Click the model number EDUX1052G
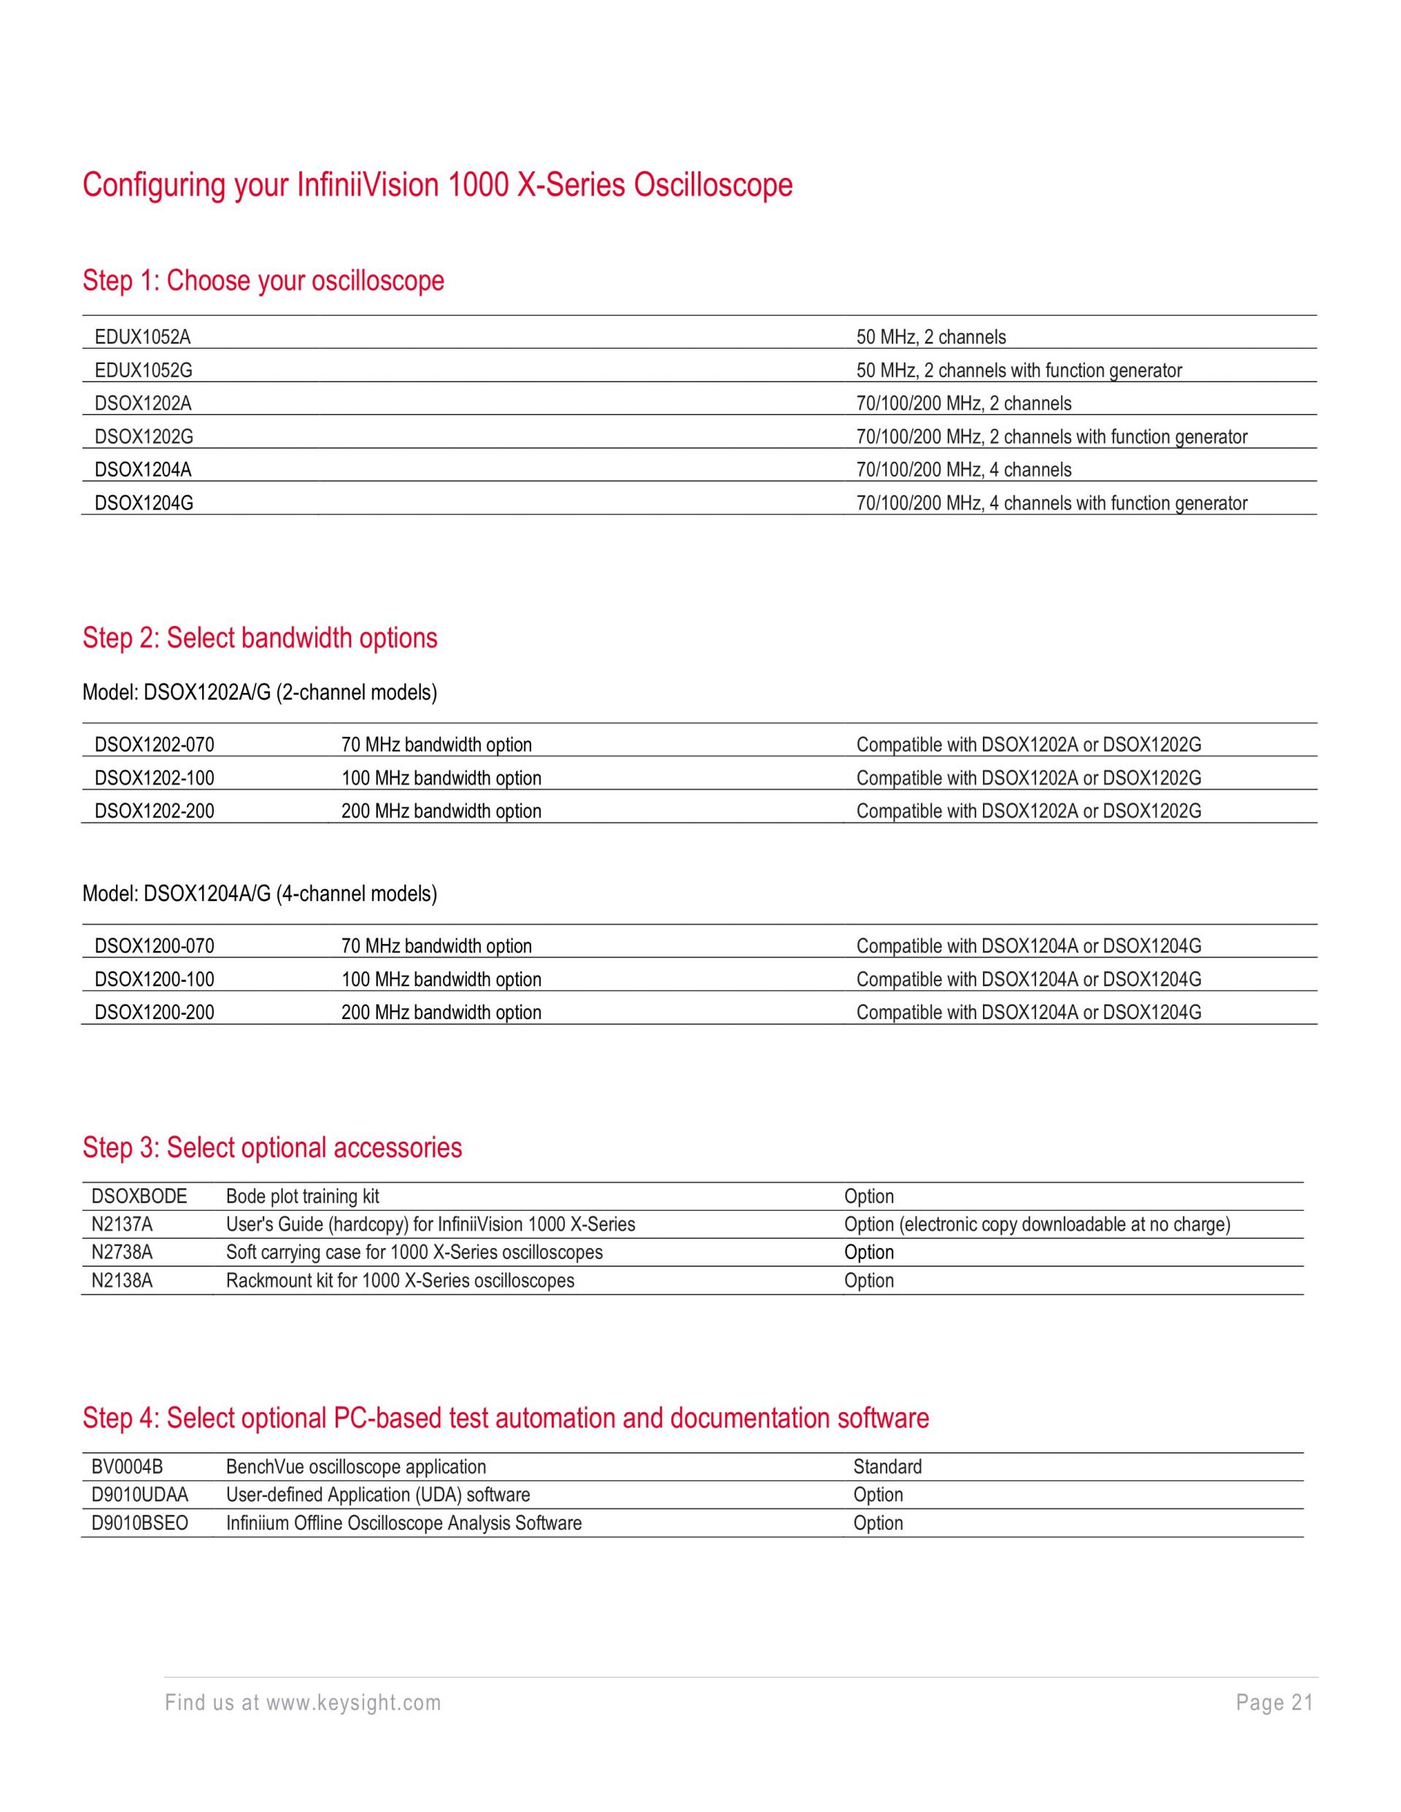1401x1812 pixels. pos(143,371)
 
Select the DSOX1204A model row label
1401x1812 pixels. pos(143,471)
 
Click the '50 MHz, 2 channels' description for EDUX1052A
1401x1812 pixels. pos(930,338)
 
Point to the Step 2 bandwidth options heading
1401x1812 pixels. pos(260,638)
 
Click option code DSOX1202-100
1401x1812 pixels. pos(155,778)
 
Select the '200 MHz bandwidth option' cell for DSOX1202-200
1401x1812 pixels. pos(441,811)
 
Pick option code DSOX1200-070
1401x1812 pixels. pos(155,946)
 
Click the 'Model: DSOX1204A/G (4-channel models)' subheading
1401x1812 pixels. pos(260,894)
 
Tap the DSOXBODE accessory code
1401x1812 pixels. pos(139,1196)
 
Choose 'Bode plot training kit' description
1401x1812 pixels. pos(302,1196)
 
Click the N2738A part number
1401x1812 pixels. pos(122,1252)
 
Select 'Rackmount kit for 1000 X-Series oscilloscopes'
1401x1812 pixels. pos(400,1280)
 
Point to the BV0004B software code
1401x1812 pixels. pos(127,1467)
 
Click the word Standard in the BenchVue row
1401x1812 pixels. pos(887,1467)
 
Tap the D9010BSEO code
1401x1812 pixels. pos(139,1523)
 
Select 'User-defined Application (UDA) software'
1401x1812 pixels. pos(378,1495)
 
